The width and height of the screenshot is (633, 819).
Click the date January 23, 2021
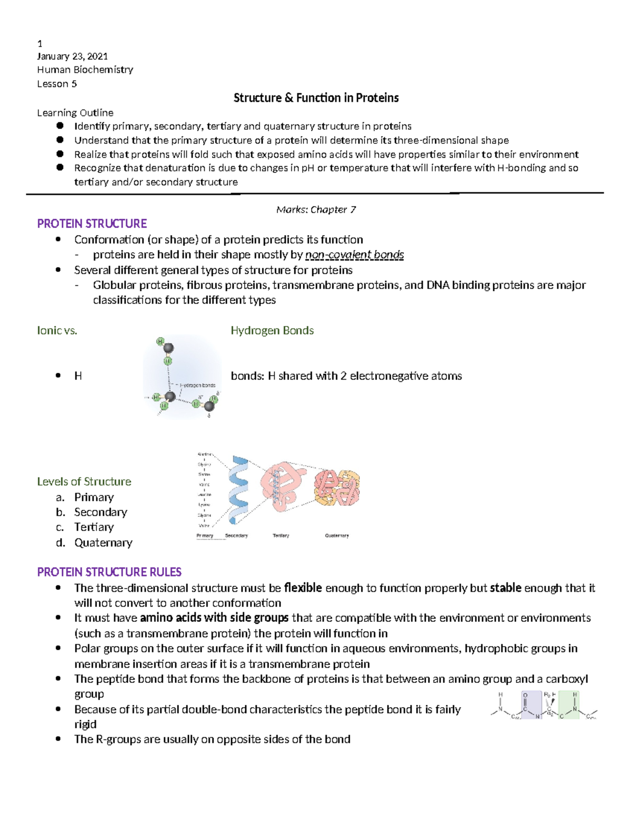tap(72, 56)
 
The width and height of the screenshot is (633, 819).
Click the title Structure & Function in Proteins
tap(316, 98)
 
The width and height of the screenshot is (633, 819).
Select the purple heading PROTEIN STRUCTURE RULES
tap(109, 572)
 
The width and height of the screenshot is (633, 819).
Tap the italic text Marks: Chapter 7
tap(316, 209)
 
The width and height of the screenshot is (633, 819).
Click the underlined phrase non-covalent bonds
tap(354, 255)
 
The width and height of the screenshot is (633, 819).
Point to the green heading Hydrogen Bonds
tap(272, 331)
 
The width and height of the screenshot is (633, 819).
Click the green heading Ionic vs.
tap(57, 331)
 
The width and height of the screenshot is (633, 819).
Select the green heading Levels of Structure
tap(84, 481)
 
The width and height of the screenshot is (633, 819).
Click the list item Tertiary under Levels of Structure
tap(94, 527)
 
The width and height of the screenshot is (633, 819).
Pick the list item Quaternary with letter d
tap(103, 543)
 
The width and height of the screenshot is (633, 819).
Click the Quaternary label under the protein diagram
tap(337, 535)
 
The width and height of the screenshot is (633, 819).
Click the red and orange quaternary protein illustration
tap(337, 487)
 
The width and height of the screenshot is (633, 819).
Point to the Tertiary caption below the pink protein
tap(281, 535)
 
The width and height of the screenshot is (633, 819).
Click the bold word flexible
tap(303, 588)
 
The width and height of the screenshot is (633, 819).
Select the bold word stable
tap(505, 588)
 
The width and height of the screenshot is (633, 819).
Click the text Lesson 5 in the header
tap(57, 84)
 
